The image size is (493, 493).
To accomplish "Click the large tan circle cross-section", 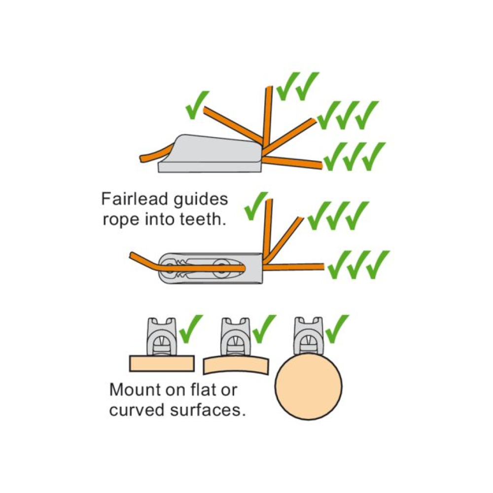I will (309, 387).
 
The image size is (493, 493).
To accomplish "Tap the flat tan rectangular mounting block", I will (161, 363).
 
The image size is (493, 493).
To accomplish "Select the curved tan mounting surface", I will (236, 364).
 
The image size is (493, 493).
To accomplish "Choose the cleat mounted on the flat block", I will (161, 337).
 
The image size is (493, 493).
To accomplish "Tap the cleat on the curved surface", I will (235, 337).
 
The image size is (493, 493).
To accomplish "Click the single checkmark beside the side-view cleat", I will (197, 105).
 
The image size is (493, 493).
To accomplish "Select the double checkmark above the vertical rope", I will (297, 86).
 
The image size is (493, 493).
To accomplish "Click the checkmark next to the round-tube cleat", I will (337, 328).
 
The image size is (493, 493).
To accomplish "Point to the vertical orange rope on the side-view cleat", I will (268, 116).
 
